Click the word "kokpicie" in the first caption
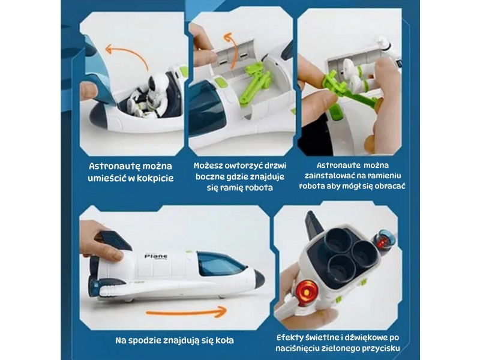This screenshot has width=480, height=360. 155,178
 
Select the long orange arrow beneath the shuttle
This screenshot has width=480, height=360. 186,312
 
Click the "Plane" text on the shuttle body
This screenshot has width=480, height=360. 156,256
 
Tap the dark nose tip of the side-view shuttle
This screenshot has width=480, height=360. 260,279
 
